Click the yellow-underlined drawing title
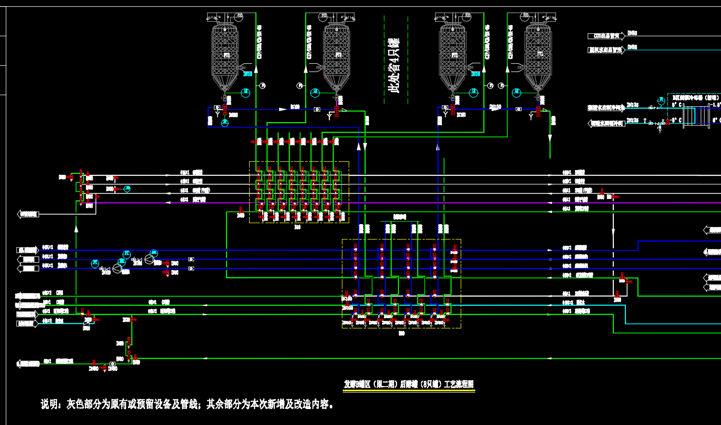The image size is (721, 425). pyautogui.click(x=409, y=384)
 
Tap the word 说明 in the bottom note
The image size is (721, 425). pyautogui.click(x=51, y=404)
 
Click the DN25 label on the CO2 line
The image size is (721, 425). pyautogui.click(x=632, y=33)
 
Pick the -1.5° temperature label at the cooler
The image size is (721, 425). pyautogui.click(x=715, y=104)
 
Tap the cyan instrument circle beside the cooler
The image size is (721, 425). pyautogui.click(x=661, y=100)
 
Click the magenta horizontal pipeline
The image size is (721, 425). pyautogui.click(x=435, y=203)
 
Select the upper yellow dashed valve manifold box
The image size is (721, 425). pyautogui.click(x=299, y=192)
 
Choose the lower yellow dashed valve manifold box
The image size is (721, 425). pyautogui.click(x=401, y=283)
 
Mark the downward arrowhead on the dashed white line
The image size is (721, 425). pyautogui.click(x=613, y=231)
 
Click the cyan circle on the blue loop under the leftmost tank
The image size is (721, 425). pyautogui.click(x=225, y=123)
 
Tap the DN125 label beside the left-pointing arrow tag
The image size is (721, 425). pyautogui.click(x=633, y=120)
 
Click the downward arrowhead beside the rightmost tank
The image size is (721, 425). pyautogui.click(x=550, y=139)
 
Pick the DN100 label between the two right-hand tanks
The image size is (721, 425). pyautogui.click(x=495, y=106)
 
